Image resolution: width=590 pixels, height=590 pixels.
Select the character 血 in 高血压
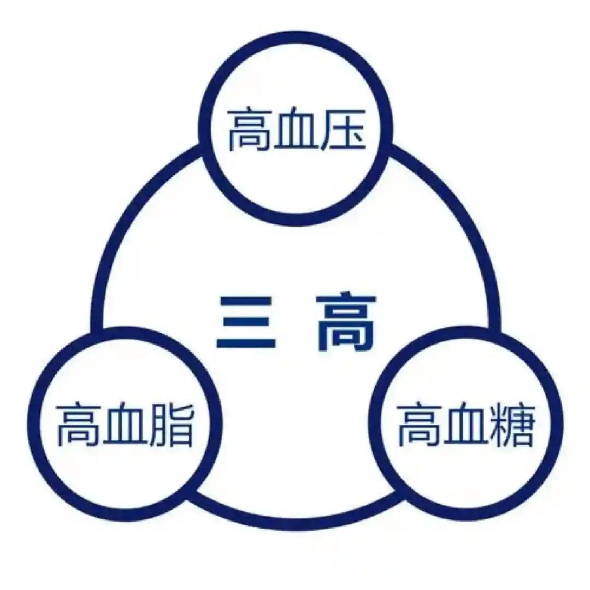tap(295, 131)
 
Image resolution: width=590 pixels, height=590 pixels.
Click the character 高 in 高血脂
tap(77, 425)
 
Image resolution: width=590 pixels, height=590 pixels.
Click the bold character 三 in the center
tap(245, 323)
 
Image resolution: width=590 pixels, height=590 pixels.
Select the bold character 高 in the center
tap(346, 323)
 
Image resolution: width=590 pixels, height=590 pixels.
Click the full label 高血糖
tap(465, 425)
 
